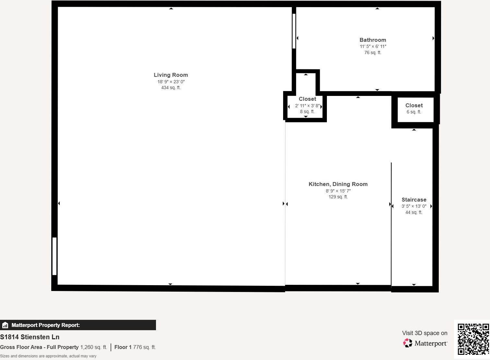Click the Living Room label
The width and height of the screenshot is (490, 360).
pos(171,75)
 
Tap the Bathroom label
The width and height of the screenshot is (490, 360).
pos(373,40)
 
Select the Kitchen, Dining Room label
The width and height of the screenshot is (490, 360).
pos(338,184)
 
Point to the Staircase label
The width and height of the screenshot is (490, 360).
pos(414,200)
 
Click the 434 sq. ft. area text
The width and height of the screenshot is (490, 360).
pos(171,87)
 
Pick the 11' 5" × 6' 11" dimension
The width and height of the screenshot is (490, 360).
pos(373,46)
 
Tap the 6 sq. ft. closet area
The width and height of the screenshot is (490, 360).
pos(414,112)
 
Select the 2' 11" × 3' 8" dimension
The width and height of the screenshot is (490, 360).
pos(307,106)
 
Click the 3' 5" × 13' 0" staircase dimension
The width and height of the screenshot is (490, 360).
pos(414,206)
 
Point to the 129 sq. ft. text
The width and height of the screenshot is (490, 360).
pos(338,197)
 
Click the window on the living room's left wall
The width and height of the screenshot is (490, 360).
pos(54,256)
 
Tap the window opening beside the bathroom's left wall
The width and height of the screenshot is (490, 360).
pos(294,31)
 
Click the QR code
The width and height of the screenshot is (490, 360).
pos(473,339)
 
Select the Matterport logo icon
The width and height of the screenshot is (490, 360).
pos(407,343)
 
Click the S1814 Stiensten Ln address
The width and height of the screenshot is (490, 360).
pos(30,337)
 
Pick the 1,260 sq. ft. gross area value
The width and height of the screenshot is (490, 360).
pos(93,347)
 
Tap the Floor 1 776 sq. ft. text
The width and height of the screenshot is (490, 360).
pos(135,347)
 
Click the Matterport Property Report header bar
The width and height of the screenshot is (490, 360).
pos(78,325)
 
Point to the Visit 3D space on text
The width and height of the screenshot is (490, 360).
pos(424,333)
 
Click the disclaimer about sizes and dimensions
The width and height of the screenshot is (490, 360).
pos(48,356)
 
